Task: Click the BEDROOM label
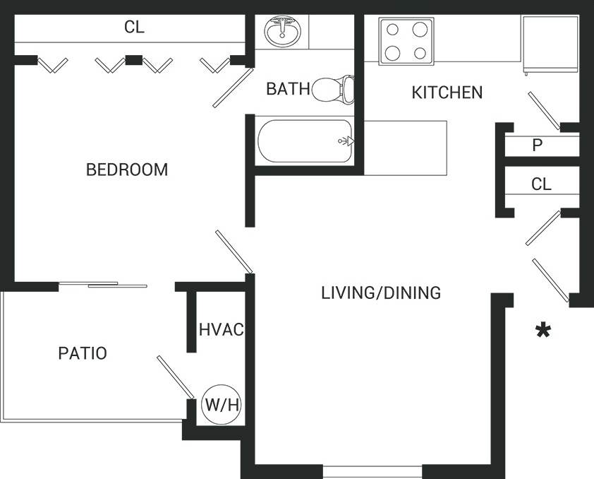pos(127,170)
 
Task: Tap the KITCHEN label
pos(447,92)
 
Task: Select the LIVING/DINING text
pos(381,292)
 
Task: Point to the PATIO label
pos(83,353)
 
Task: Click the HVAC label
pos(221,329)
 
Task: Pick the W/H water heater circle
pos(222,405)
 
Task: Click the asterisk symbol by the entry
pos(543,331)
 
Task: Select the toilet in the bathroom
pos(332,89)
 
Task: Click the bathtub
pos(305,141)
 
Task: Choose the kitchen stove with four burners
pos(406,41)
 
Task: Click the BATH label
pos(288,89)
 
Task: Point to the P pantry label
pos(538,146)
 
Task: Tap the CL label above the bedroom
pos(134,28)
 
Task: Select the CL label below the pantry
pos(541,184)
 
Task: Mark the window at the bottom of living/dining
pos(372,471)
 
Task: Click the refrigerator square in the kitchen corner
pos(550,43)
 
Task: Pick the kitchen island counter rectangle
pos(406,148)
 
